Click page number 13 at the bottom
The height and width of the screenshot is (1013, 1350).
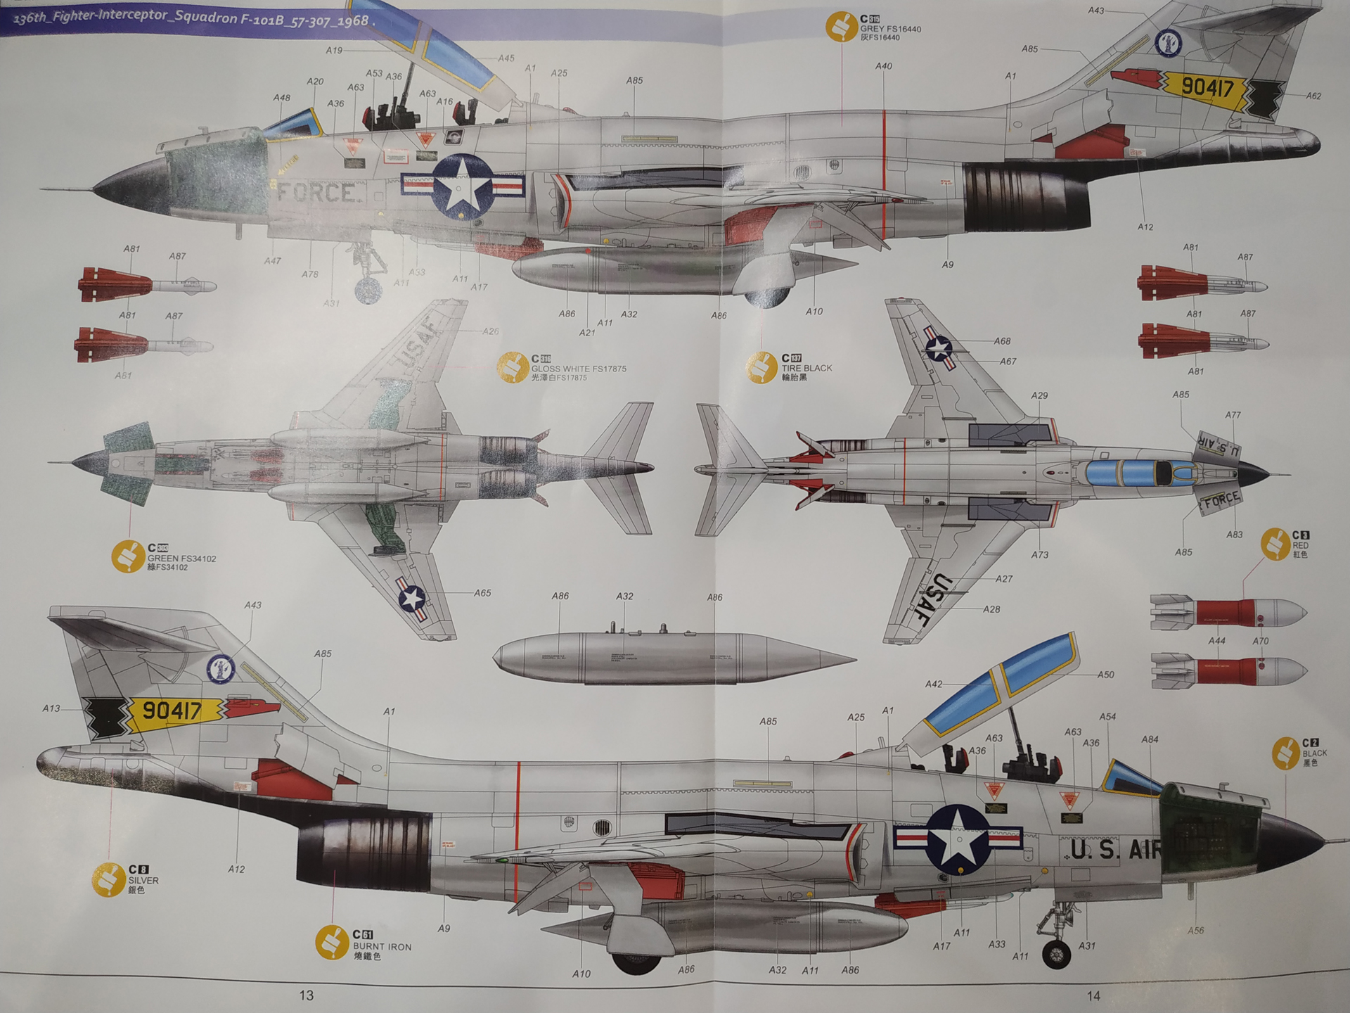pyautogui.click(x=306, y=995)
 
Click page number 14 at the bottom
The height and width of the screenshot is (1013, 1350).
pyautogui.click(x=1093, y=995)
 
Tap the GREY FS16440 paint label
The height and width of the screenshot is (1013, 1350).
pyautogui.click(x=890, y=29)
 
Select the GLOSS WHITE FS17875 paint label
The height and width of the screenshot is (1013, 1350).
pyautogui.click(x=578, y=369)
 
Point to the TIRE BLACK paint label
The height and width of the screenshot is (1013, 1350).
pyautogui.click(x=806, y=368)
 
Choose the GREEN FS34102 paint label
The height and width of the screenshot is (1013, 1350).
pyautogui.click(x=181, y=559)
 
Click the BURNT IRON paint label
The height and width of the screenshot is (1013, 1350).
pyautogui.click(x=382, y=947)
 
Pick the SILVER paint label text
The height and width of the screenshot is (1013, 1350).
pyautogui.click(x=143, y=880)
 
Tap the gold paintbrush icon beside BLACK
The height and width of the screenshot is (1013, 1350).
pyautogui.click(x=1285, y=753)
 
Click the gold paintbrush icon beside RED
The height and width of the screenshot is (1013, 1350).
pyautogui.click(x=1275, y=544)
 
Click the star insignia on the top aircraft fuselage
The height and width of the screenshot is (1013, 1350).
pyautogui.click(x=462, y=186)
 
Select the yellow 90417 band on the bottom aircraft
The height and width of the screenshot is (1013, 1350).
pyautogui.click(x=173, y=711)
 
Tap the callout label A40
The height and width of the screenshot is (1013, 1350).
pyautogui.click(x=884, y=66)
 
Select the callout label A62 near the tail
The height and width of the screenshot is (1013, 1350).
pyautogui.click(x=1313, y=96)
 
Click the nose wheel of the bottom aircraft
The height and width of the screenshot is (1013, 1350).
pyautogui.click(x=1056, y=954)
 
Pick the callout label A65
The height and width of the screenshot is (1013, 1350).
pyautogui.click(x=482, y=593)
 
